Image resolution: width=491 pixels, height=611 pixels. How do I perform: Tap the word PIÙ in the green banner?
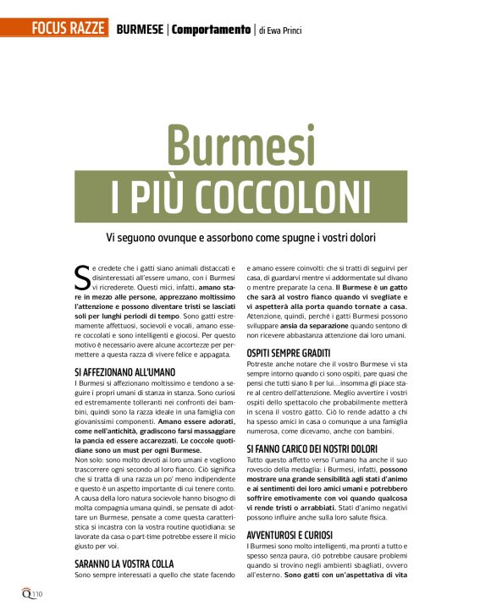point(150,195)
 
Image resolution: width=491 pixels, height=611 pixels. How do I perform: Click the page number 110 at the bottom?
point(38,594)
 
